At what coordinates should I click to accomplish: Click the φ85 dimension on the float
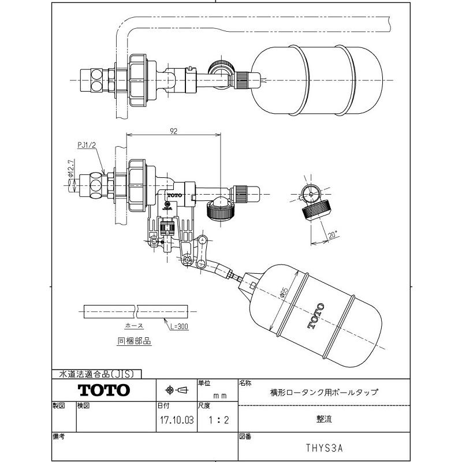284,293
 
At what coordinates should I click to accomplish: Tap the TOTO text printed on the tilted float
315,315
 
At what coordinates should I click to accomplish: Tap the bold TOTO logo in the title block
104,390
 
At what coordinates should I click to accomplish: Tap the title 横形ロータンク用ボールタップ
324,392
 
